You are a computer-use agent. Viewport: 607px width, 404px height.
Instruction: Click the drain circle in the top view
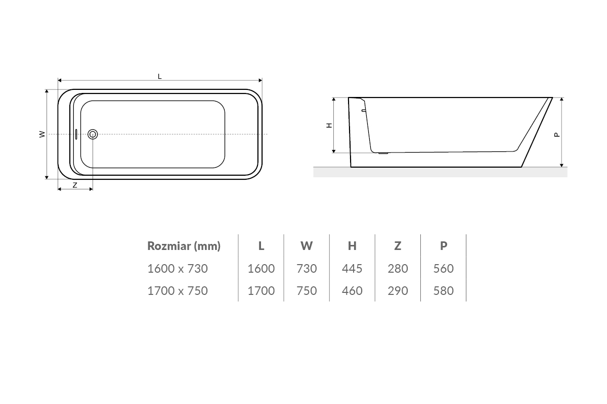pos(93,134)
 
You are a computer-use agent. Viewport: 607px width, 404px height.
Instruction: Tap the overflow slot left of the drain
pos(76,134)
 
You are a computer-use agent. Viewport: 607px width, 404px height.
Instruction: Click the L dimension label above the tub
pos(160,77)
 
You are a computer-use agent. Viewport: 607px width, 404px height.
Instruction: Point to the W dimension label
pos(42,134)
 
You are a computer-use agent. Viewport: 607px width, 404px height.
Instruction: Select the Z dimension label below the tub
pos(75,185)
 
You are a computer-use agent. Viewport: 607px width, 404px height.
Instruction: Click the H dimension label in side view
pos(329,125)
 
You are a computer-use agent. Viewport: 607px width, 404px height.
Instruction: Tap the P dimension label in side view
pos(557,134)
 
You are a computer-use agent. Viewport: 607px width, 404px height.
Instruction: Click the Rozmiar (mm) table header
pos(184,246)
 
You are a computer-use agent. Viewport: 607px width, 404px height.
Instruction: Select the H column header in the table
pos(352,246)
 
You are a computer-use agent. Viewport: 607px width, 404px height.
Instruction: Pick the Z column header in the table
pos(398,246)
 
